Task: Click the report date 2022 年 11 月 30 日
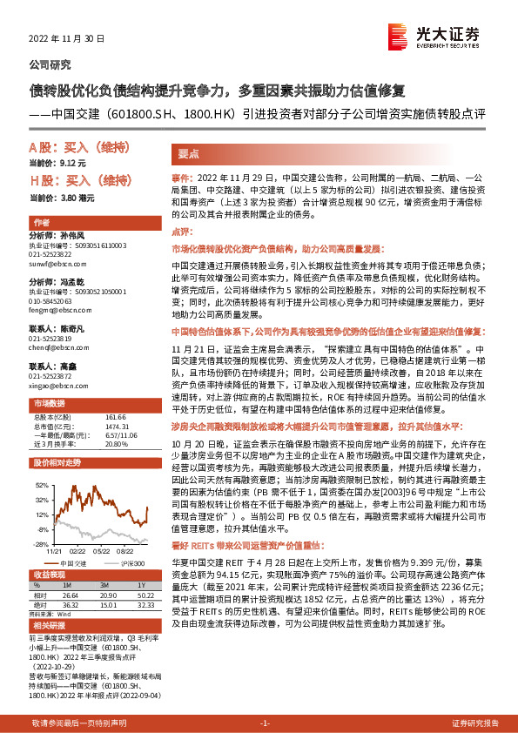tap(66, 39)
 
